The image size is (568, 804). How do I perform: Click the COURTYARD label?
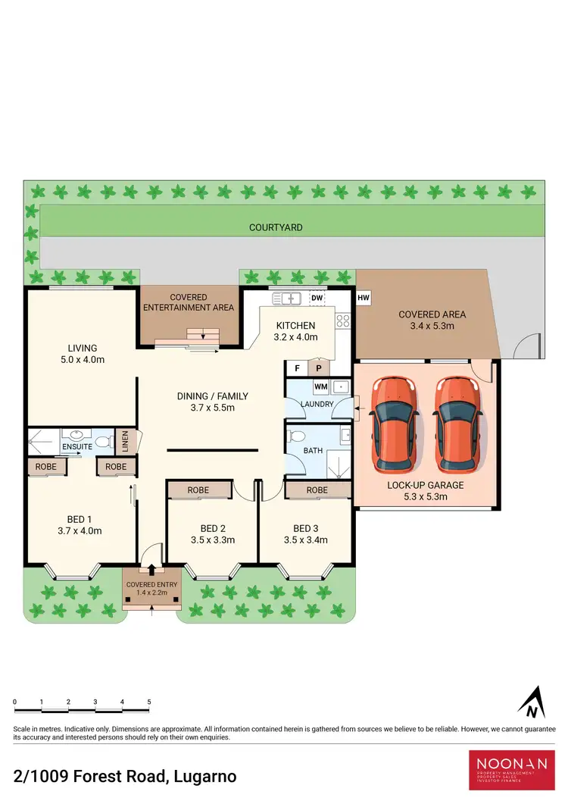coord(276,227)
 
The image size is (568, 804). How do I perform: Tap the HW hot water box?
coord(363,299)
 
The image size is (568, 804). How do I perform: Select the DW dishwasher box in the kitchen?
coord(317,299)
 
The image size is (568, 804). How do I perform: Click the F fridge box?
coord(296,369)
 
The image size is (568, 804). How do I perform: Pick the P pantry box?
coord(319,369)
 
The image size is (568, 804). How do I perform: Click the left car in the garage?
coord(395,423)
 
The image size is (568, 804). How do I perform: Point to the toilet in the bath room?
coord(297,437)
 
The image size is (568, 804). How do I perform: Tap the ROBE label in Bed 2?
coord(198,490)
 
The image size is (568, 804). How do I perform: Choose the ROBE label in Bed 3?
coord(317,490)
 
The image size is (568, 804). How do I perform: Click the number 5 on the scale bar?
coord(149,702)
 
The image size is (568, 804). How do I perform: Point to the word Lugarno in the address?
coord(205,777)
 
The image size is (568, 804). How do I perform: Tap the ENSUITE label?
coord(77,447)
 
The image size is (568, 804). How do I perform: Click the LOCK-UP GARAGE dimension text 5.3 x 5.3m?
coord(425,497)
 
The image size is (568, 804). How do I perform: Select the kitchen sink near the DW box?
coord(287,298)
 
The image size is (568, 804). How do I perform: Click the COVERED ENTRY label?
coord(151,585)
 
